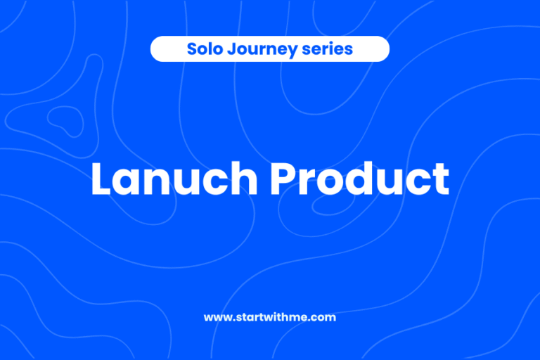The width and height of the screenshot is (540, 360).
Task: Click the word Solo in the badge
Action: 201,49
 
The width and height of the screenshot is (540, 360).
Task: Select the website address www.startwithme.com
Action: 270,317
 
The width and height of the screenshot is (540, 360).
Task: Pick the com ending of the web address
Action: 325,318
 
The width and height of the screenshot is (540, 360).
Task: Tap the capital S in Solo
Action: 191,49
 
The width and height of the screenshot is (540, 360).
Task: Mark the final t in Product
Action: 441,180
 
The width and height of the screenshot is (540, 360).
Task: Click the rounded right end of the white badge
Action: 383,49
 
